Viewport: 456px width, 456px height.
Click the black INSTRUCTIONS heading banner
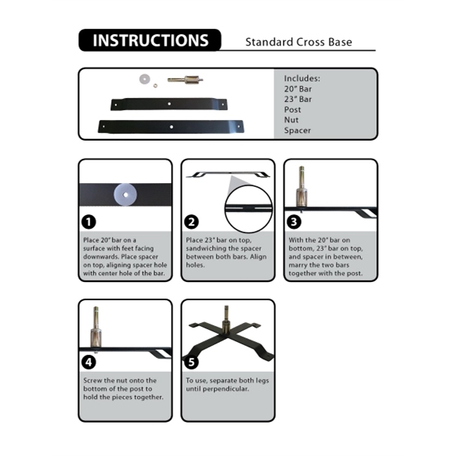150,40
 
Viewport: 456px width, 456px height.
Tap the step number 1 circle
90,222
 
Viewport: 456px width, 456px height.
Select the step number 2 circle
192,222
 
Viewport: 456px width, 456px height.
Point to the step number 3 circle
295,222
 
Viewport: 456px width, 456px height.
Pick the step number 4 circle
90,362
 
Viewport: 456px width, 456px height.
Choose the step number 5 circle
192,362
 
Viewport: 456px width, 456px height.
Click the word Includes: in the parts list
302,78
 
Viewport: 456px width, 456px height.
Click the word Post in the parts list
293,110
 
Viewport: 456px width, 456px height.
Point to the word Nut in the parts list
291,120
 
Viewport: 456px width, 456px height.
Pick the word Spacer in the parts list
297,131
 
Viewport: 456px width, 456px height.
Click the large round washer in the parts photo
142,78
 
